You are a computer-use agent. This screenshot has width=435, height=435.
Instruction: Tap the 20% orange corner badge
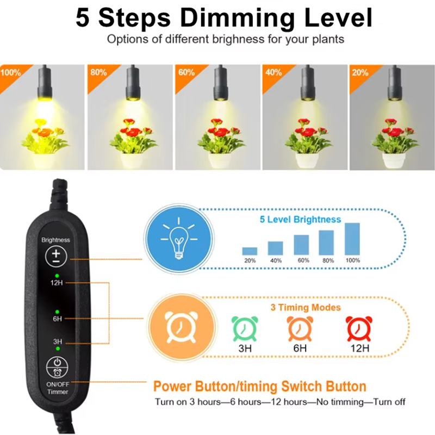(361, 75)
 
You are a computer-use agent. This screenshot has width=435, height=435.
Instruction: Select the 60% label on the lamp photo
(186, 72)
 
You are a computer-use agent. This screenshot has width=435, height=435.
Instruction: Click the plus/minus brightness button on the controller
(57, 256)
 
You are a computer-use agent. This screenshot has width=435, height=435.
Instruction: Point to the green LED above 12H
(57, 276)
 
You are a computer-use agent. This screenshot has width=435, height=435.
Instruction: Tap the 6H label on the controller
(58, 319)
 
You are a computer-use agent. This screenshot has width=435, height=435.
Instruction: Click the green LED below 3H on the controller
(58, 349)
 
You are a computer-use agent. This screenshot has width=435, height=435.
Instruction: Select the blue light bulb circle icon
(179, 239)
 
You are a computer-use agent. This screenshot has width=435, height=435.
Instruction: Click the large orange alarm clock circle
(182, 328)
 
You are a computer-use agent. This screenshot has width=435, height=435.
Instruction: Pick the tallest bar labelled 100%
(352, 239)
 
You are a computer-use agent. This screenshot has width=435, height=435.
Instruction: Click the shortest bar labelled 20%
(250, 251)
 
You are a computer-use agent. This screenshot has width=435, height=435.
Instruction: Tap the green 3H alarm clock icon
(245, 329)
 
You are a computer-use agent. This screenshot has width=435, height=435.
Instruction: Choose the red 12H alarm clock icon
(359, 329)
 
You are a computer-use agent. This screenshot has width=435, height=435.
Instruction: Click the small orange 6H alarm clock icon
(300, 329)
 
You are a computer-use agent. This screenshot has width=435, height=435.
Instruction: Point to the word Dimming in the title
(238, 18)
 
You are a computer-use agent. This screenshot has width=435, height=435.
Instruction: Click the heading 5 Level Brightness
(300, 220)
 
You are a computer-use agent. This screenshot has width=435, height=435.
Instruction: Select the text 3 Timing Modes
(306, 307)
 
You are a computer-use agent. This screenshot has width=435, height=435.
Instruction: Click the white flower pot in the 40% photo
(307, 160)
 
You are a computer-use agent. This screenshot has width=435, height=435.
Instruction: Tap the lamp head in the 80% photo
(133, 83)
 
